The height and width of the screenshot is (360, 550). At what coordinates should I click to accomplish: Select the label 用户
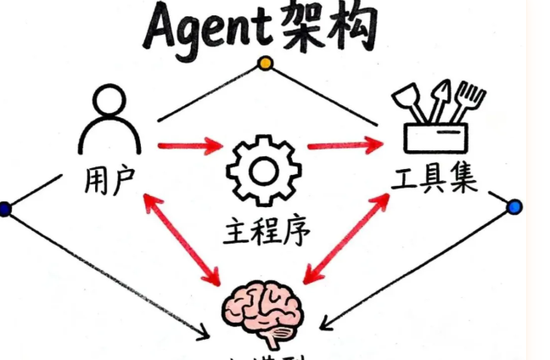point(111,180)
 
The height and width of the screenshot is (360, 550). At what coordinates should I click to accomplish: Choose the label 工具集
point(435,179)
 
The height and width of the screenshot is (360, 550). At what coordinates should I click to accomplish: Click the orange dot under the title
point(265,64)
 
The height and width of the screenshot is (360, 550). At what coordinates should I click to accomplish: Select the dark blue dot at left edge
point(4,209)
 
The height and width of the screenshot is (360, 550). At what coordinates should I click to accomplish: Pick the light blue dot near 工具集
point(514,206)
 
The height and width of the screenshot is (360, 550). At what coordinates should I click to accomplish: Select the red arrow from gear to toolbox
point(344,145)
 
